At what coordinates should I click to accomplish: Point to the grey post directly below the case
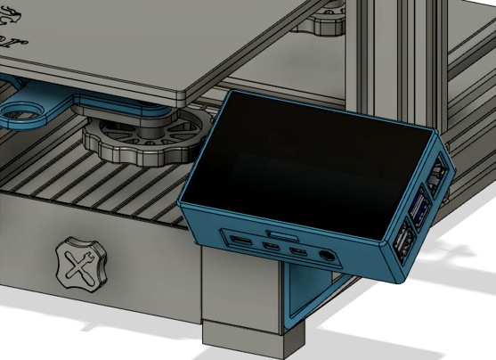coord(240,285)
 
